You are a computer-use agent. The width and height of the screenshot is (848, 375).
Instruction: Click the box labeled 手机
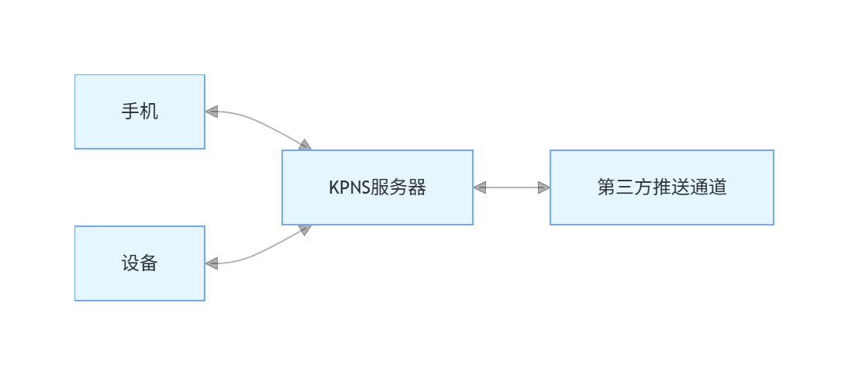pyautogui.click(x=140, y=112)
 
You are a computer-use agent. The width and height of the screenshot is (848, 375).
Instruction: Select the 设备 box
pyautogui.click(x=140, y=263)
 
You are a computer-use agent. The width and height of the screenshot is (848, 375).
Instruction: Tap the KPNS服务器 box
pyautogui.click(x=377, y=187)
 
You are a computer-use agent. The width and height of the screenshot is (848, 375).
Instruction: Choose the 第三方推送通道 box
pyautogui.click(x=662, y=187)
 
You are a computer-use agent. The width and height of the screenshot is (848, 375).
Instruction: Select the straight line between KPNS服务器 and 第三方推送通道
pyautogui.click(x=512, y=187)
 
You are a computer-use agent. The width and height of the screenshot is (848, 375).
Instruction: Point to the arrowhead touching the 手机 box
pyautogui.click(x=212, y=112)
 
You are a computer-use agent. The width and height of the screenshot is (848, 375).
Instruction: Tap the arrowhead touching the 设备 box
pyautogui.click(x=212, y=263)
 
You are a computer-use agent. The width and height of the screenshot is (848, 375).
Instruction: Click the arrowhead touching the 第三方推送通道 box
pyautogui.click(x=544, y=187)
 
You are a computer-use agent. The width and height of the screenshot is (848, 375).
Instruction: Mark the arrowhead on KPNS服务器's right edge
pyautogui.click(x=479, y=187)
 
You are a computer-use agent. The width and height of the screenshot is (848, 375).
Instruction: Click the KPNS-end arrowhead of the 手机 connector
pyautogui.click(x=305, y=145)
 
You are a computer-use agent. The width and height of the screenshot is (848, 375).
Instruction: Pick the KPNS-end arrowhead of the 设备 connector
pyautogui.click(x=305, y=229)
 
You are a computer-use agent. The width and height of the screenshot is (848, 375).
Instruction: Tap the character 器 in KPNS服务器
pyautogui.click(x=417, y=187)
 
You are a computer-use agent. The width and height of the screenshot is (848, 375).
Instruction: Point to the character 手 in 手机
pyautogui.click(x=130, y=112)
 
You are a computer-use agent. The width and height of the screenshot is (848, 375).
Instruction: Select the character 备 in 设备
pyautogui.click(x=149, y=263)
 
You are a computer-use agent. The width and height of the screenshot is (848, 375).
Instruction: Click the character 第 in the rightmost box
pyautogui.click(x=607, y=187)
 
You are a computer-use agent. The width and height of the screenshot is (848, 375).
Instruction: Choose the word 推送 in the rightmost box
pyautogui.click(x=671, y=187)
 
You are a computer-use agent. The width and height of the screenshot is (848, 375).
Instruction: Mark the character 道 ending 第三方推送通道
pyautogui.click(x=718, y=187)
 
